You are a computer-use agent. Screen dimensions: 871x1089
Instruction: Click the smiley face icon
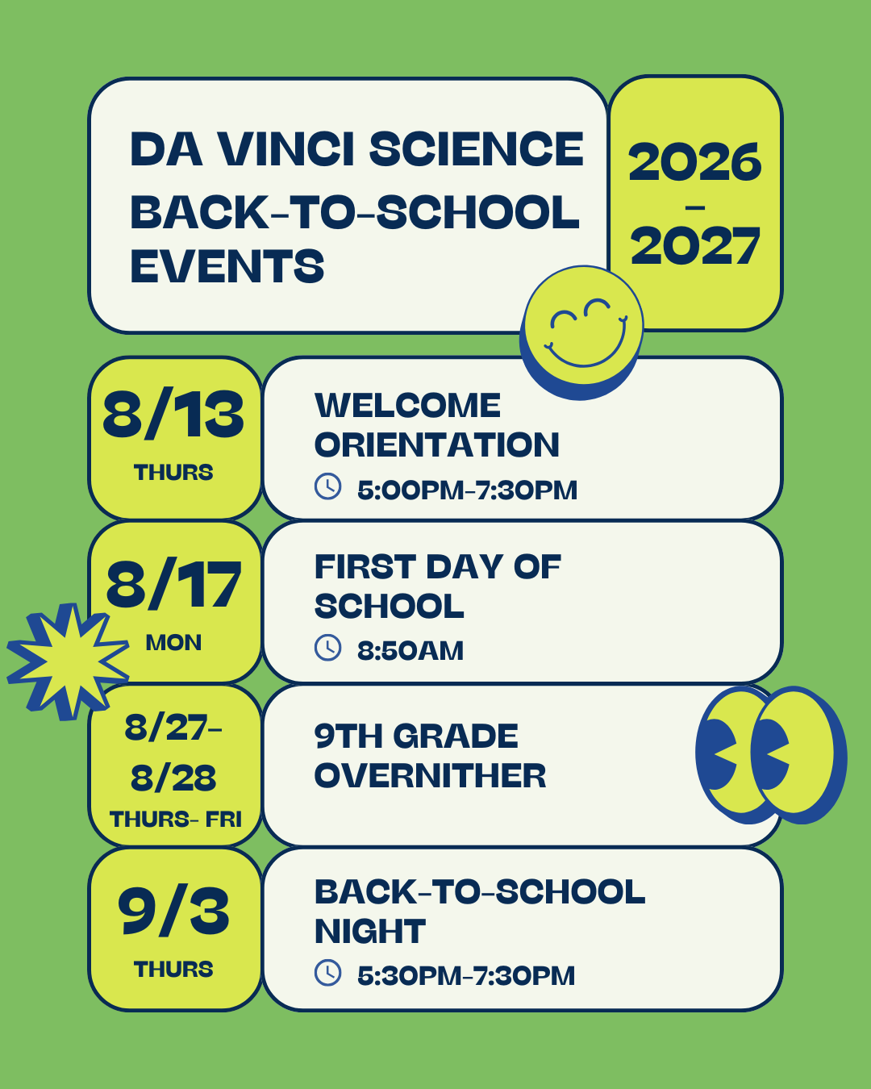(582, 332)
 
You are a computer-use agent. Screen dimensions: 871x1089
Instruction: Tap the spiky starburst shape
(68, 661)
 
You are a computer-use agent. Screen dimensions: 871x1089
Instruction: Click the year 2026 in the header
(695, 162)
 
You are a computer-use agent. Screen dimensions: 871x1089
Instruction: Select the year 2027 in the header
(695, 246)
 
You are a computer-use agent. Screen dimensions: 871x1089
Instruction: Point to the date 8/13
(173, 414)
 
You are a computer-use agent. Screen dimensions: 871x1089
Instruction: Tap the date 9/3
(173, 911)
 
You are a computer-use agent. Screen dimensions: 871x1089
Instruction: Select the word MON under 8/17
(173, 643)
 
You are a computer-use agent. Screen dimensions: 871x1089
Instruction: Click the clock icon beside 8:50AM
(328, 647)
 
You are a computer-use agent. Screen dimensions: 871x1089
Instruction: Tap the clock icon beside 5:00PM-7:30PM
(328, 486)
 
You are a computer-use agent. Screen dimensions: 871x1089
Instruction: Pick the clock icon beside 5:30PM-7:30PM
(328, 973)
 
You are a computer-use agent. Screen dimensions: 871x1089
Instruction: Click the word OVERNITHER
(430, 775)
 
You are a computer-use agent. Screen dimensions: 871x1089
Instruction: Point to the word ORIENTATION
(437, 444)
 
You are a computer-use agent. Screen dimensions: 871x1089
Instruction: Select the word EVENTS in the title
(227, 266)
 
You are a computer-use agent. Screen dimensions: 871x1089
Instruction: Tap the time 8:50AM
(410, 651)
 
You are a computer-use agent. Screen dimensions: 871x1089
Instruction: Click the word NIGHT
(370, 931)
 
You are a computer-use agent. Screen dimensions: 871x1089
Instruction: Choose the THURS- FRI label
(176, 820)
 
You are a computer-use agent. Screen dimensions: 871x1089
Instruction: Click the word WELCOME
(407, 405)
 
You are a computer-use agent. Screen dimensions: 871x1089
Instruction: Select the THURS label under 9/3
(173, 970)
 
